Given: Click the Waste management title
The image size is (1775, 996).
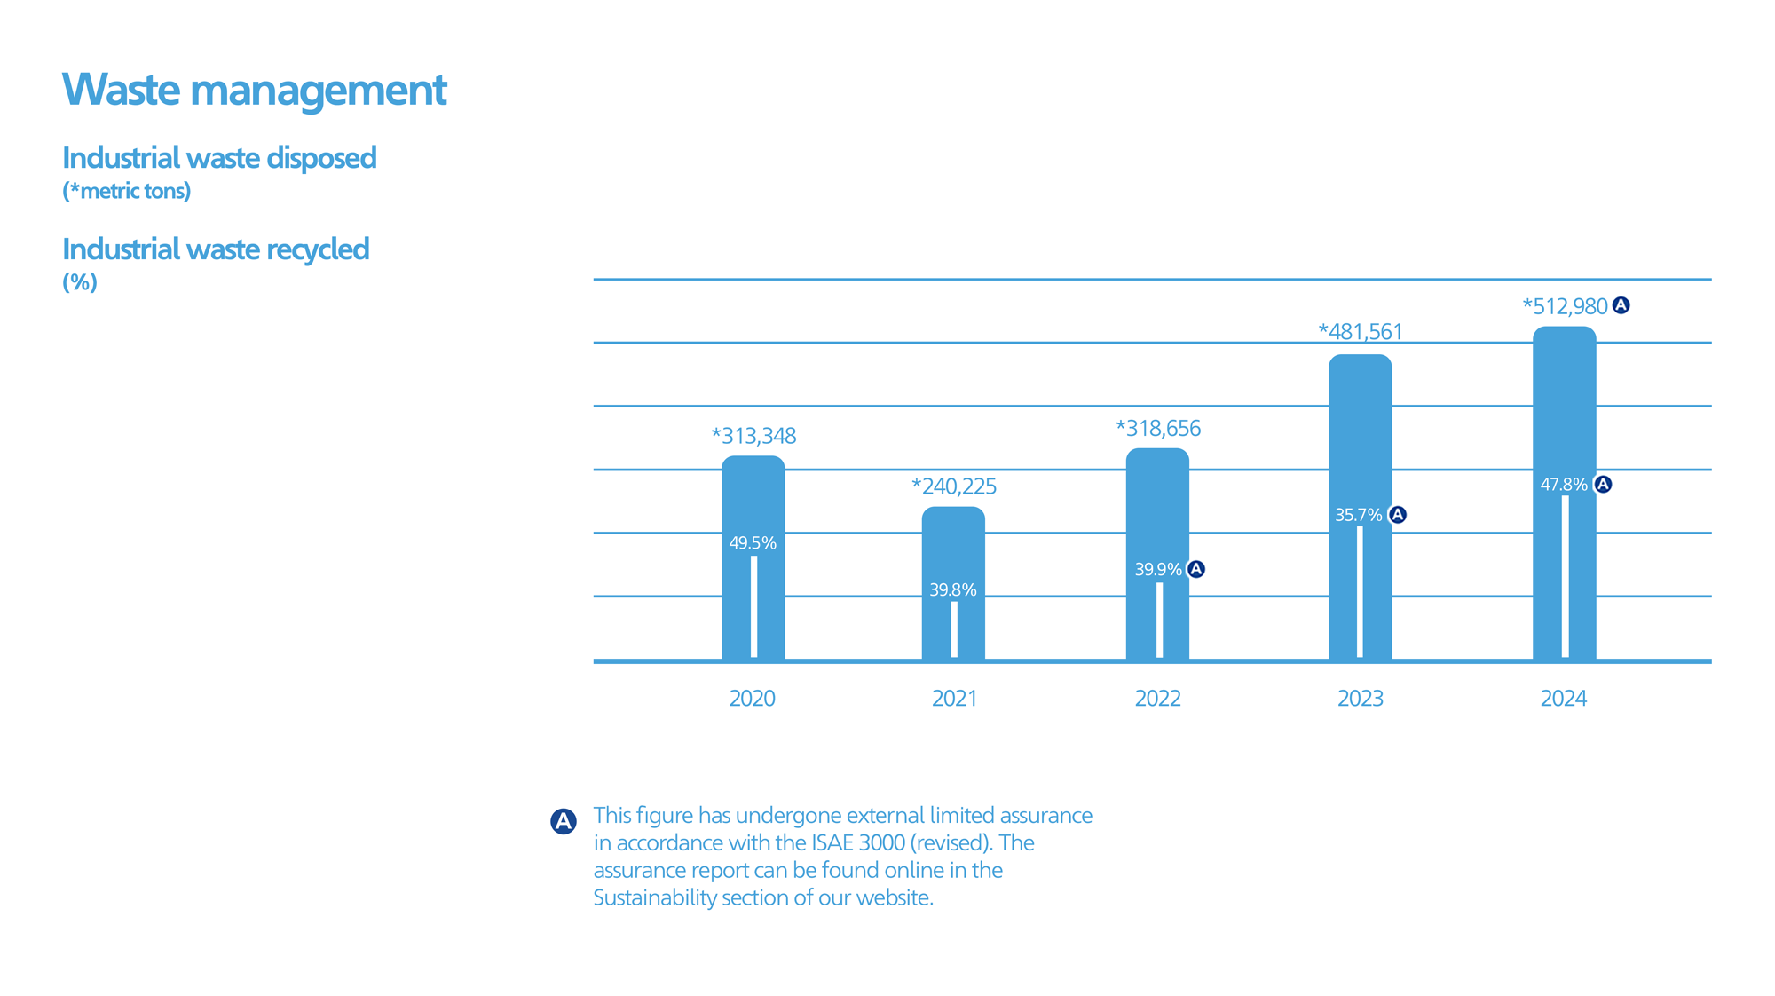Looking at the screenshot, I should point(254,90).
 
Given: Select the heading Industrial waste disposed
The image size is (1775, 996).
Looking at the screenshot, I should point(219,158).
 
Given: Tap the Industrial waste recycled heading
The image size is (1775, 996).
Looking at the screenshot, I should point(216,249).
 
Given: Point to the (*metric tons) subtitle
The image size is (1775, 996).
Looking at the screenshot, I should point(126,191).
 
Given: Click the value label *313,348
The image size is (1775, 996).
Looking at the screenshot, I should point(753,436).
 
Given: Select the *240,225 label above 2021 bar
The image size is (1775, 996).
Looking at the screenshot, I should point(954,486).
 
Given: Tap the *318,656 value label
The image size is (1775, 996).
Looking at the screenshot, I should point(1157,429).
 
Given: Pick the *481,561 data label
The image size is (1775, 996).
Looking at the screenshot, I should point(1361,332).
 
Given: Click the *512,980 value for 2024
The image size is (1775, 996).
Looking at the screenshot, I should point(1565,307).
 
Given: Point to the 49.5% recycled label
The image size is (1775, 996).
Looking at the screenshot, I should point(753,543).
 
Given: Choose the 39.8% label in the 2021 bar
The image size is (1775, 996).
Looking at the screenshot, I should point(953,590).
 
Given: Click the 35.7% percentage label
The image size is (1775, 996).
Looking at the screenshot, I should point(1359,516).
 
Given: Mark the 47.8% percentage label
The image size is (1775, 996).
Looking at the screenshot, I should point(1564,485).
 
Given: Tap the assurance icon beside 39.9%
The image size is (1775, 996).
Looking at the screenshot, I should point(1196,569).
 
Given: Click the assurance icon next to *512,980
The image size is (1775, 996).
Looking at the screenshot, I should point(1621,305).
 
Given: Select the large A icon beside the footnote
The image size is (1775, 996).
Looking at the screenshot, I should point(564,821).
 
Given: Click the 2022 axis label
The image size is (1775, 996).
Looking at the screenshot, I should point(1157,699).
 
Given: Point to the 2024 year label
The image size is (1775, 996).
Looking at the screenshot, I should point(1563,699).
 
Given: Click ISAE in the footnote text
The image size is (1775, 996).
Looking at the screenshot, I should point(832,842).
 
